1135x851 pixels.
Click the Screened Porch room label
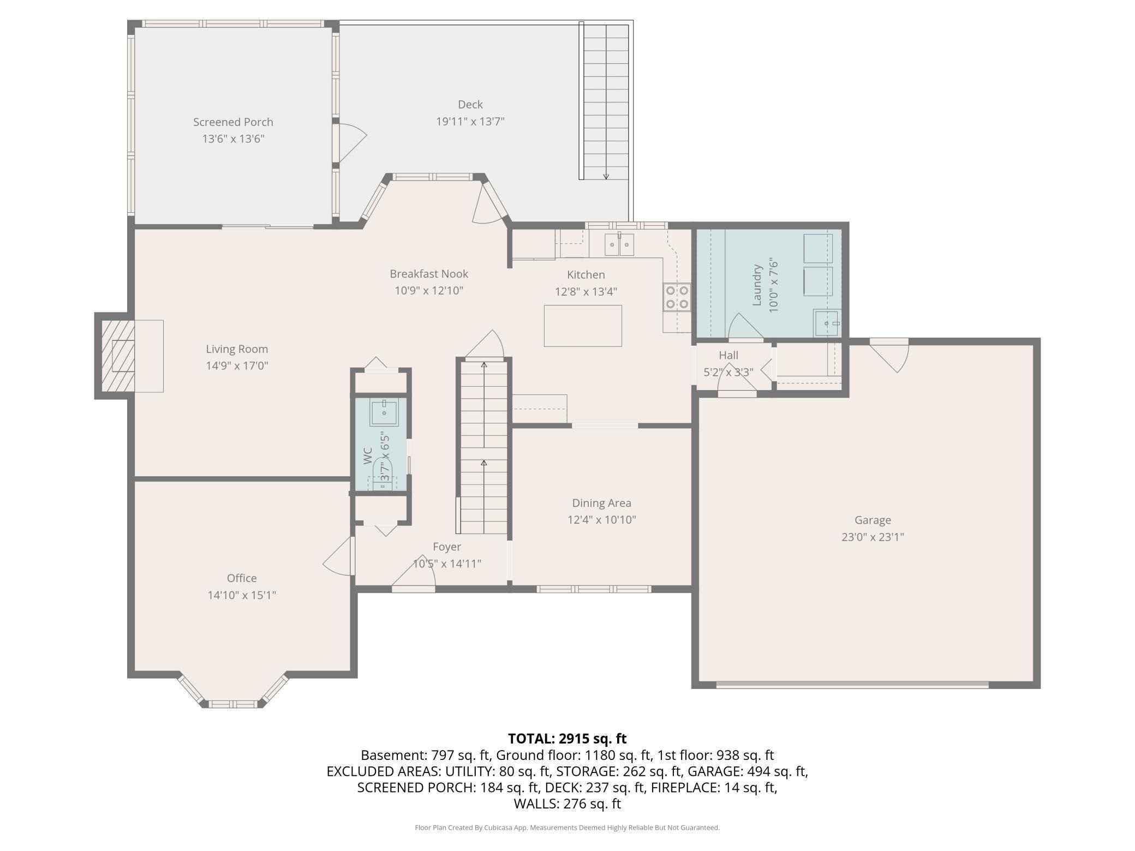pos(233,122)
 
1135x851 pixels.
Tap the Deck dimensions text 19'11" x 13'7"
pos(470,121)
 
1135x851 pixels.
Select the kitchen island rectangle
pos(583,326)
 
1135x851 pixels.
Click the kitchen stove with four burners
pos(677,297)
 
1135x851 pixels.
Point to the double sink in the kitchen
pos(619,244)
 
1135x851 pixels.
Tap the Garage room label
pos(873,520)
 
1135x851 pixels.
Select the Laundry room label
pos(757,285)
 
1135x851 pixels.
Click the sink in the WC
pos(385,412)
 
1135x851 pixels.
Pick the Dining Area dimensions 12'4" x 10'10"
pos(602,520)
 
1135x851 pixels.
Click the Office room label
pos(242,578)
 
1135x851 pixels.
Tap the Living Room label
pos(237,349)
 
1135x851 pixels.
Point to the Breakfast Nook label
pos(429,274)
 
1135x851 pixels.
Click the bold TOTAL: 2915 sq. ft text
pos(567,739)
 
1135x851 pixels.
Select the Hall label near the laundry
pos(728,356)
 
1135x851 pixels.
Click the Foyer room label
pos(447,547)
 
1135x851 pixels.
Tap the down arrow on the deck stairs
pos(606,176)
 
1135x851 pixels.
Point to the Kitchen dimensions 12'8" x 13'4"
pos(586,292)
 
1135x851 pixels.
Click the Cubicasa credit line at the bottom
pos(567,828)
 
